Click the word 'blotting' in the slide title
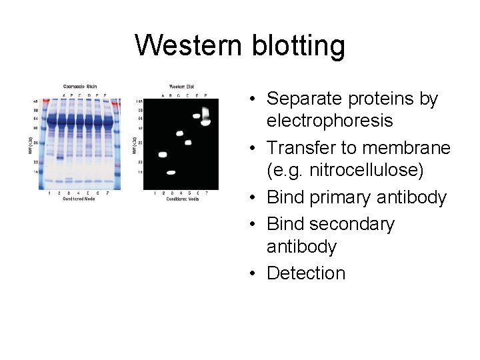click(299, 46)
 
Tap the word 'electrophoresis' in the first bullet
click(329, 121)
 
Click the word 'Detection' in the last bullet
click(306, 273)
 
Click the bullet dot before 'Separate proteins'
click(255, 100)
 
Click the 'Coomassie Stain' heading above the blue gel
click(79, 86)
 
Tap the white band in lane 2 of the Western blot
click(162, 155)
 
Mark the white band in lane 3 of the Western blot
click(171, 173)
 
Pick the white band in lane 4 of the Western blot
click(179, 133)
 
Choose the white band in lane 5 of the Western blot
click(188, 142)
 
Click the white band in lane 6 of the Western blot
click(197, 116)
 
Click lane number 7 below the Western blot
click(206, 193)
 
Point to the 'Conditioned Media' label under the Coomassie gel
click(79, 199)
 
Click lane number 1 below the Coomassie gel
click(50, 193)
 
